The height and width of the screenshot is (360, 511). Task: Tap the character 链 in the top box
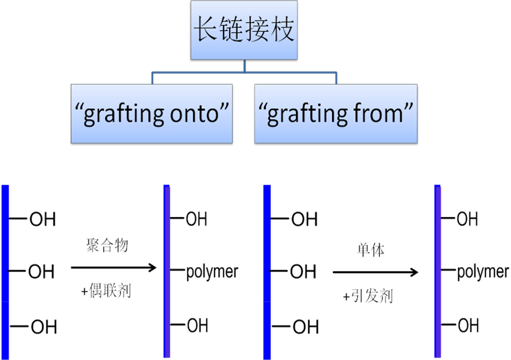(232, 29)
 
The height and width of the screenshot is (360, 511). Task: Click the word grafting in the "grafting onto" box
(123, 114)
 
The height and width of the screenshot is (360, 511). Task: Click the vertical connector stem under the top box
(244, 65)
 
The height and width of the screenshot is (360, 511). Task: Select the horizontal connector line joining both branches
(244, 72)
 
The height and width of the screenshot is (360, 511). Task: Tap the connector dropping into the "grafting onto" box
(152, 78)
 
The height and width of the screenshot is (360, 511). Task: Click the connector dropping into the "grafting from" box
(336, 78)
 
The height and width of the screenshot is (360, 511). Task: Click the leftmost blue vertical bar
(5, 271)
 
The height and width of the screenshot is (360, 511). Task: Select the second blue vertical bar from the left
(167, 271)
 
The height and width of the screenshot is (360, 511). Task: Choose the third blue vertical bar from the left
(267, 271)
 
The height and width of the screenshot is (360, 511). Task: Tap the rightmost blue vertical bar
(438, 271)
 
